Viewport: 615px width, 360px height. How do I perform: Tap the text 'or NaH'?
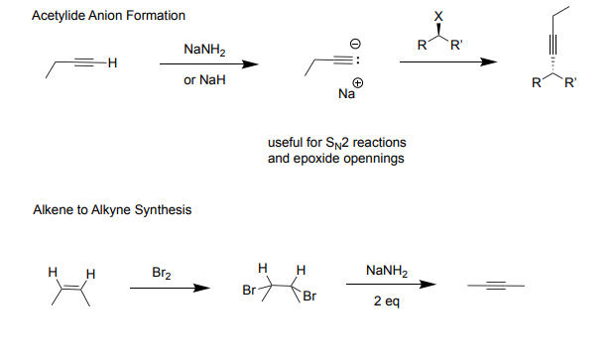point(204,80)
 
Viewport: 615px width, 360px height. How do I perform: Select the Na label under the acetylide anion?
point(345,95)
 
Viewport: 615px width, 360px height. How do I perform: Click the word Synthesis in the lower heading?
point(164,210)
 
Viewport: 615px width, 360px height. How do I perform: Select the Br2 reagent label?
point(163,271)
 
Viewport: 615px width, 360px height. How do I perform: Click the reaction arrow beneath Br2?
point(170,289)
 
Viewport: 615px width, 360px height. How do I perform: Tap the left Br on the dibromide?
point(250,292)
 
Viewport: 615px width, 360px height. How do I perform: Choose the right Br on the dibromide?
point(309,298)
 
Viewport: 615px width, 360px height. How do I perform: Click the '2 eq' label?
point(387,301)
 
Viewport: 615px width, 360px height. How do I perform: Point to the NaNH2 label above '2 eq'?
point(387,271)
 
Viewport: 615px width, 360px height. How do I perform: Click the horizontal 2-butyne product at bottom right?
point(496,288)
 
